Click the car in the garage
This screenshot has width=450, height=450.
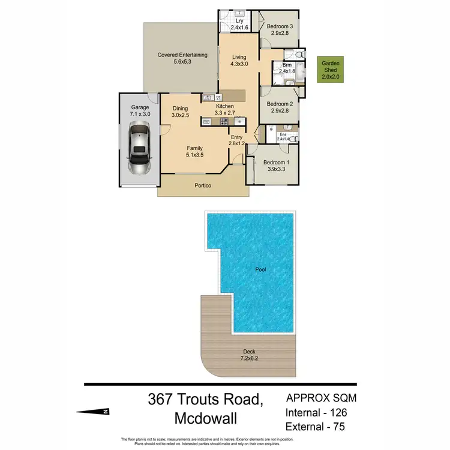140,148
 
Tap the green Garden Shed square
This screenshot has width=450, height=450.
331,70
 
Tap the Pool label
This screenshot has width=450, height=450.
259,270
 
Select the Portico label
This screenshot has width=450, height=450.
203,186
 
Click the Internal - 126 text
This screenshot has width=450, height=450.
316,413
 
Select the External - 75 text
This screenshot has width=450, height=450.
316,427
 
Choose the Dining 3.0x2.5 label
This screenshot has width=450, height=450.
181,112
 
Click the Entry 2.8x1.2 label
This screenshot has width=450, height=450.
237,140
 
